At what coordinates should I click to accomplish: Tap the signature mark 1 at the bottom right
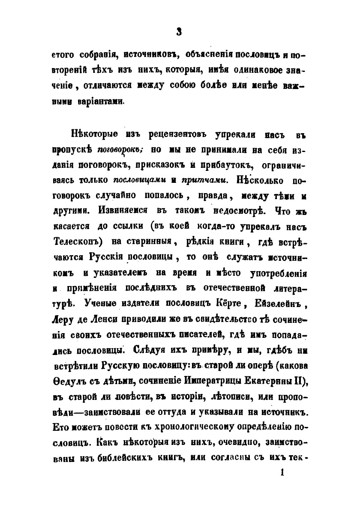(x=282, y=472)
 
